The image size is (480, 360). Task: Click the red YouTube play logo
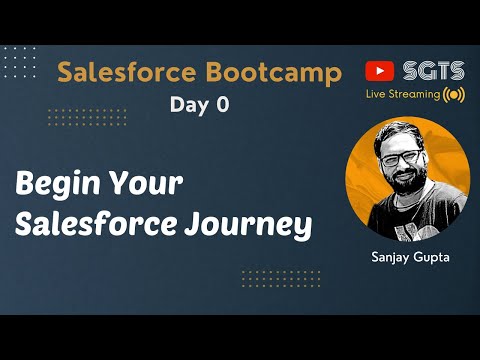[380, 71]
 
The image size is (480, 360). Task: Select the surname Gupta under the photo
[431, 256]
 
